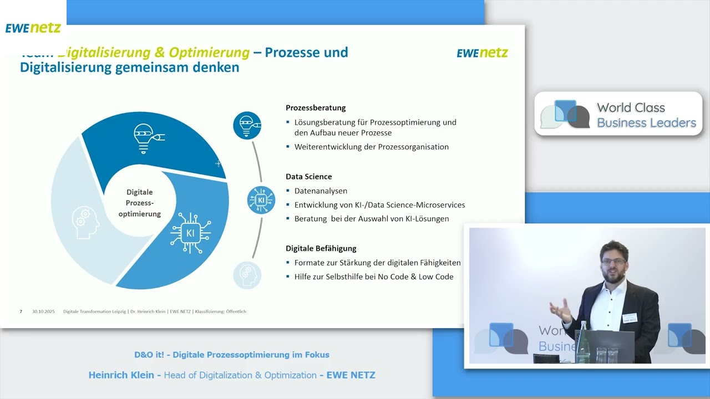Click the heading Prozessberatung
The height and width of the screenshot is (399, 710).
click(316, 108)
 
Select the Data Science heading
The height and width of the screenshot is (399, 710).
click(308, 176)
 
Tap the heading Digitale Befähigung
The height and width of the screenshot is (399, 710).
click(321, 248)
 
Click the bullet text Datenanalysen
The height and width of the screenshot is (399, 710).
click(321, 191)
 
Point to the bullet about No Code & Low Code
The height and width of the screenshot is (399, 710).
click(373, 277)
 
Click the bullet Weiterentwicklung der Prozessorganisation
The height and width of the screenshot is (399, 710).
click(371, 147)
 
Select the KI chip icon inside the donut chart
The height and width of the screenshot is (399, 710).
click(190, 233)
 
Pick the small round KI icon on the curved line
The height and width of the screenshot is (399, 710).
click(261, 200)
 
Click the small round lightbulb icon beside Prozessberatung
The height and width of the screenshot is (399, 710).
click(247, 125)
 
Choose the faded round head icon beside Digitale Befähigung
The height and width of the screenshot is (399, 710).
click(247, 275)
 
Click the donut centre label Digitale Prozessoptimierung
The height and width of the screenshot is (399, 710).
click(139, 203)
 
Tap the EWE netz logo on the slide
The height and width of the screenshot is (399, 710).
click(482, 53)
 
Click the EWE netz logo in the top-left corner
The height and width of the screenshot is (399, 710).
click(33, 28)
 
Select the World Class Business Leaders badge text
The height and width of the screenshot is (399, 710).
click(646, 115)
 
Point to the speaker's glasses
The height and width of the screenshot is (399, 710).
click(613, 261)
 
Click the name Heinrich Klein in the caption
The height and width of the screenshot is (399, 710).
click(121, 375)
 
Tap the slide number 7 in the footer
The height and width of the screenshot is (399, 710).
click(21, 311)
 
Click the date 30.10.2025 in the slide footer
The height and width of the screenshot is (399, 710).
click(43, 311)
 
